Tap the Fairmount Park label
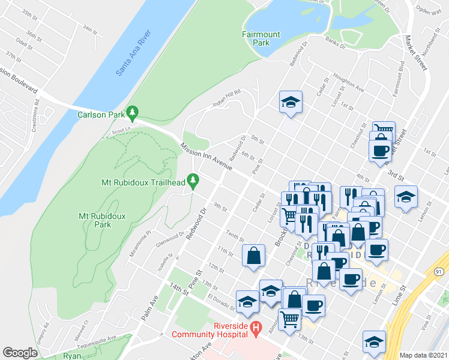[261, 38]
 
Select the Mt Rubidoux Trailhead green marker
[193, 179]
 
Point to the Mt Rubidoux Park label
[95, 220]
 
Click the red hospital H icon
[256, 328]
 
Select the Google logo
[20, 353]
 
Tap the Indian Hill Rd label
[226, 99]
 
